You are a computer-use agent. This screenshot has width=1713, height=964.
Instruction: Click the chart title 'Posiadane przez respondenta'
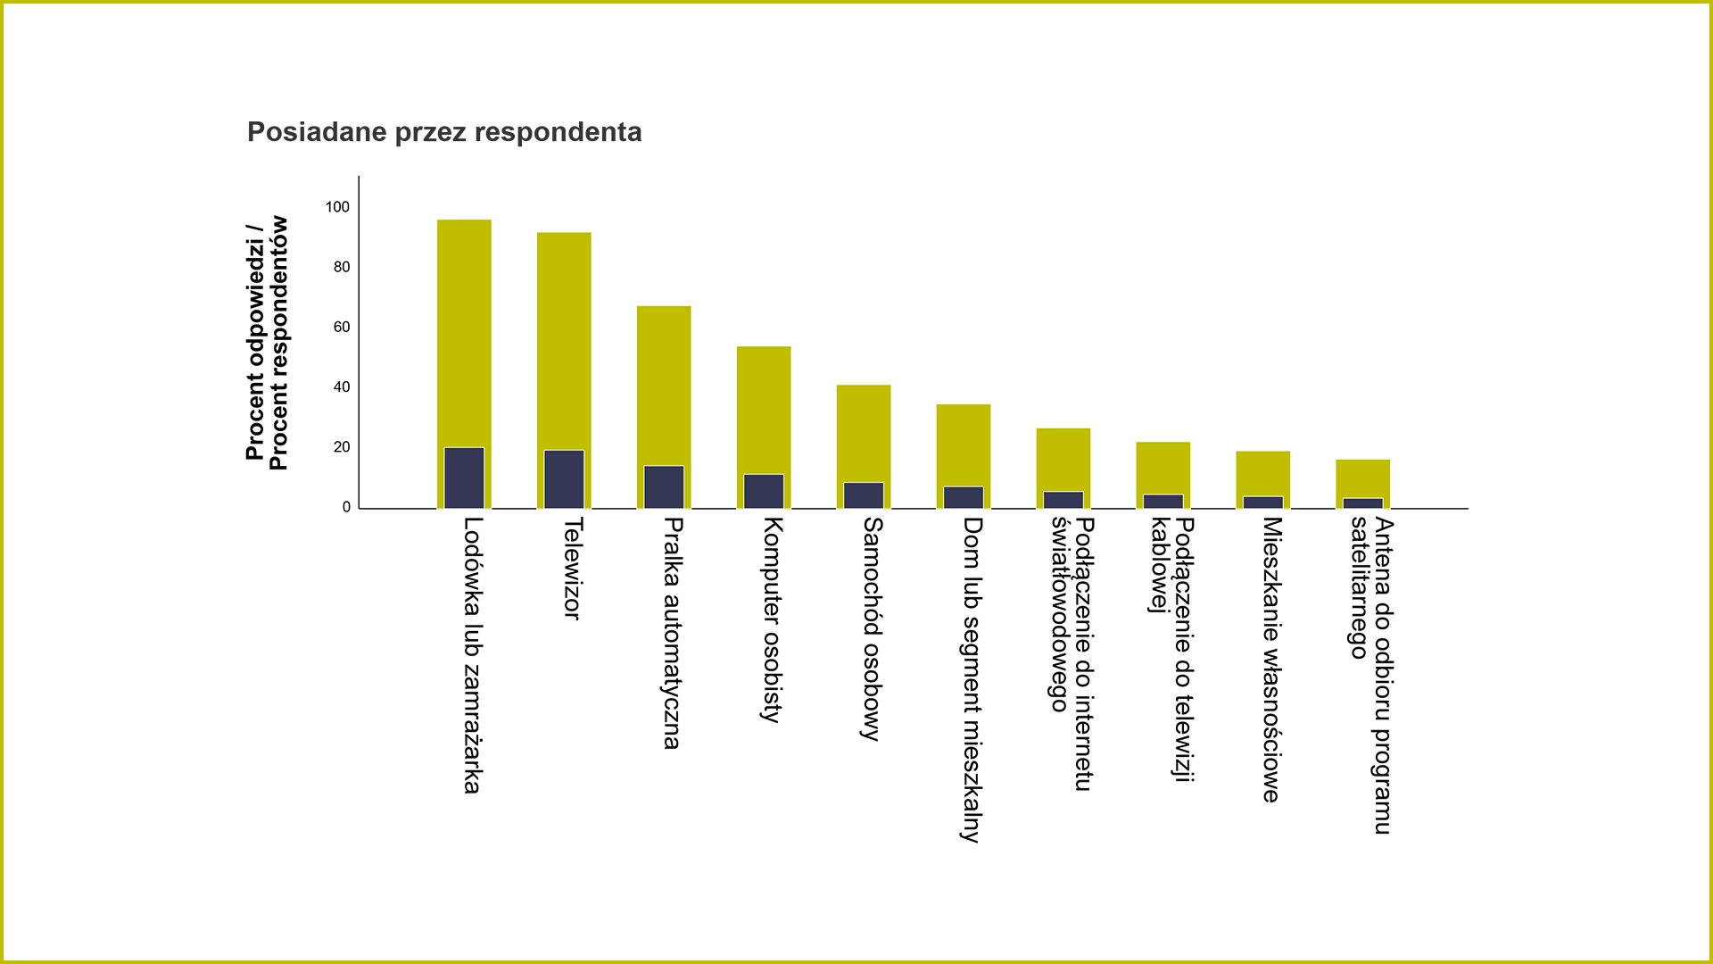444,132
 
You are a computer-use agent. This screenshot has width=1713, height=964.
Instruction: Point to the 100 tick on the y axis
337,207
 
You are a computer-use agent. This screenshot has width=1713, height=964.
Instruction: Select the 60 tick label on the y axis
342,328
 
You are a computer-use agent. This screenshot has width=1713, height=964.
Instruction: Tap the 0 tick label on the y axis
346,507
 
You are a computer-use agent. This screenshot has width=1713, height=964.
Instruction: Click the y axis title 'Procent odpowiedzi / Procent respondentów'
267,343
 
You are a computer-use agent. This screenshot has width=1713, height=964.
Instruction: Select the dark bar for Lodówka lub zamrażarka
464,478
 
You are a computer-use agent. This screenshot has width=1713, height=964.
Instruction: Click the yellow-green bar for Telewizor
564,339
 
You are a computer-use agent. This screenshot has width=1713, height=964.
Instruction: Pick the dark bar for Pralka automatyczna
664,487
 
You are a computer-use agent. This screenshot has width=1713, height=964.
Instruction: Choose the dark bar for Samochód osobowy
864,495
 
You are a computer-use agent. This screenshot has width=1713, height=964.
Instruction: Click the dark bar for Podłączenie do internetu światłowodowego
1063,500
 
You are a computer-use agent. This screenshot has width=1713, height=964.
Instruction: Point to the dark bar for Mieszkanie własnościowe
1263,503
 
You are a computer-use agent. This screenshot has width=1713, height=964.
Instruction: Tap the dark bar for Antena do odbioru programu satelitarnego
1363,503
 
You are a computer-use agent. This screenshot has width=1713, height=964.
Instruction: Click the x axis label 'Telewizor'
573,569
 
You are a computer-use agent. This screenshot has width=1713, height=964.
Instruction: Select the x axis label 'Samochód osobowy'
873,629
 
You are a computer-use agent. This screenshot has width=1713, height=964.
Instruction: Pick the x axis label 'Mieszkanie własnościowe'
1271,660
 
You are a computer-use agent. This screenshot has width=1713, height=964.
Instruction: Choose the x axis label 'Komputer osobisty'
773,619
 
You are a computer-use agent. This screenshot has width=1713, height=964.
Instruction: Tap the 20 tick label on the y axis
342,447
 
